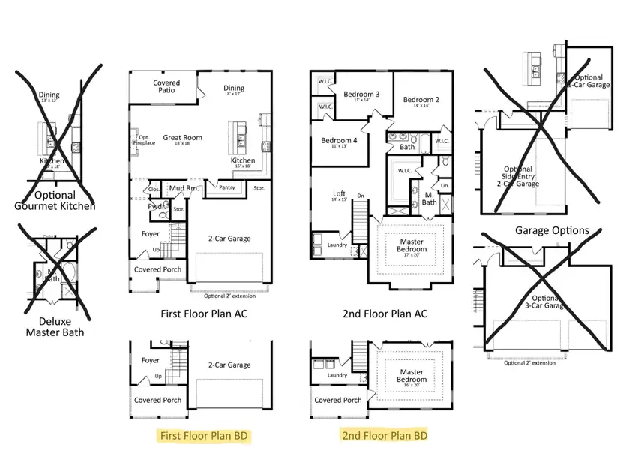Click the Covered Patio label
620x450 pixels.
tap(166, 87)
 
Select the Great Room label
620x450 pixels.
tap(183, 138)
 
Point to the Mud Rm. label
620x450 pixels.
tap(182, 188)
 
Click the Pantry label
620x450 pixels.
tap(227, 187)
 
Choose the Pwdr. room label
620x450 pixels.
tap(157, 205)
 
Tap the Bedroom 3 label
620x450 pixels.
tap(361, 95)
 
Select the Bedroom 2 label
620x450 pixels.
tap(421, 100)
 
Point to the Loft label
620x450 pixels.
tap(339, 195)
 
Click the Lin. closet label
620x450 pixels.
tap(445, 184)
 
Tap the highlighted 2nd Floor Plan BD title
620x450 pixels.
tap(385, 435)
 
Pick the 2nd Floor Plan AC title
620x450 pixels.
tap(384, 313)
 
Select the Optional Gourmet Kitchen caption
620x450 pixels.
tap(55, 200)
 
